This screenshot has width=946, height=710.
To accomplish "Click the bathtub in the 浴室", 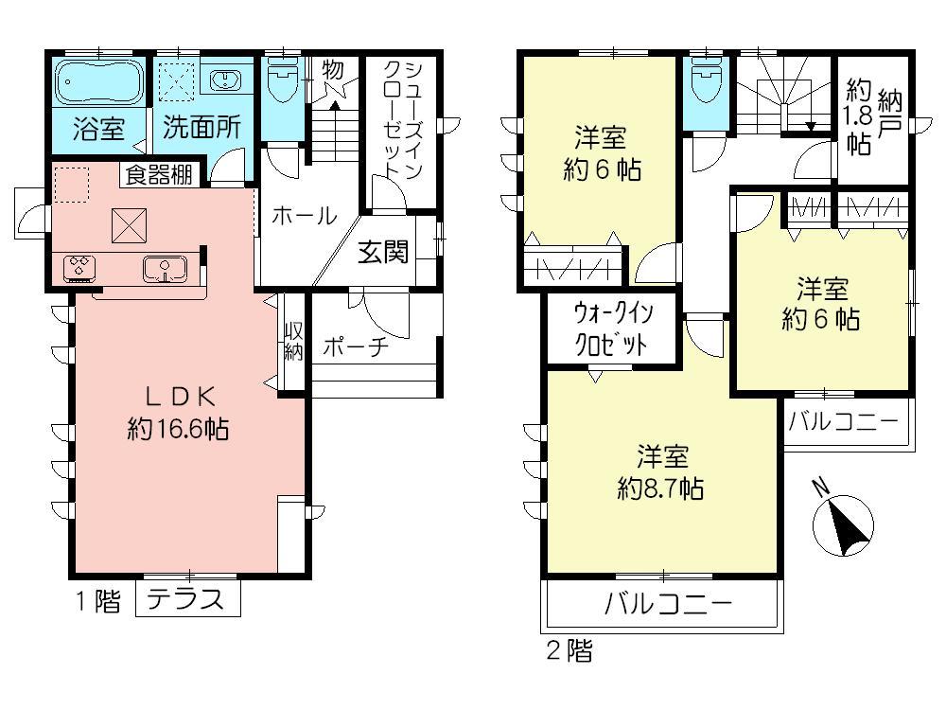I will (x=97, y=84).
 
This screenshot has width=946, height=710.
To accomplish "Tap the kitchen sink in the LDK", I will (x=166, y=270).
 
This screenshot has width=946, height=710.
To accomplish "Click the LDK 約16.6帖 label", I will (x=178, y=412).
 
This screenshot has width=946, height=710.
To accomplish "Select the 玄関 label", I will (x=383, y=252).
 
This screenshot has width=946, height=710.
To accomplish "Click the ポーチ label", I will (x=356, y=347).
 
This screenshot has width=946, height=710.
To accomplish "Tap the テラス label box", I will (x=188, y=599).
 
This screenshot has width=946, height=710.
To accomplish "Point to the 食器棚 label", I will (x=158, y=175).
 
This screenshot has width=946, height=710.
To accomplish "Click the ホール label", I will (x=304, y=217).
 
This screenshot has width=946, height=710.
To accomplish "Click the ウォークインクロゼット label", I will (x=611, y=328).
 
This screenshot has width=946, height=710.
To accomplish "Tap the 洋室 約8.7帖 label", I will (x=659, y=472).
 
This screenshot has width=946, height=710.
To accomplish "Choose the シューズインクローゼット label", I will (x=395, y=118).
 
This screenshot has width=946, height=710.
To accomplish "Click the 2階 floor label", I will (x=569, y=651).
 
